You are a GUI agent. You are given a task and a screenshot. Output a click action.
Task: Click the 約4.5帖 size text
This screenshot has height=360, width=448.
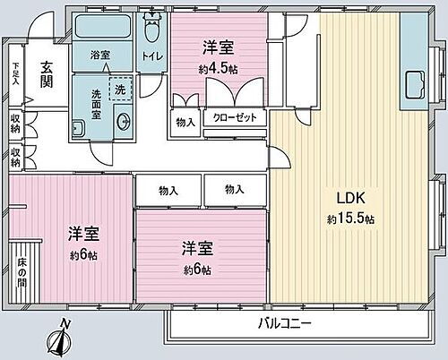pyautogui.click(x=218, y=68)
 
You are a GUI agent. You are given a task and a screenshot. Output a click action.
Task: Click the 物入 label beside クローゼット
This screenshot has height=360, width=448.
pyautogui.click(x=185, y=122)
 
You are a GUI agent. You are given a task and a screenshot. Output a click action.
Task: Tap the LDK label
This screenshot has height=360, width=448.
pyautogui.click(x=349, y=197)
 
